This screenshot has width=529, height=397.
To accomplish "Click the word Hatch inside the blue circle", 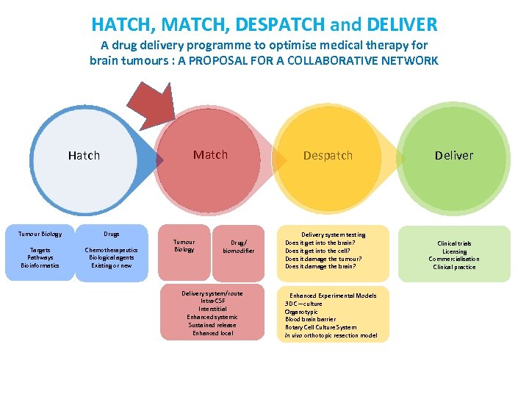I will pos(84,155).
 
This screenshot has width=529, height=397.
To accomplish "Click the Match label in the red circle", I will pos(210,154).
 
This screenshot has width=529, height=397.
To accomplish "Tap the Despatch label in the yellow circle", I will pos(328,155).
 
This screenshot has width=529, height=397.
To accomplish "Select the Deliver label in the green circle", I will pos(454,155).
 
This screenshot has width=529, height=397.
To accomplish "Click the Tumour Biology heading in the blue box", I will pos(40,234).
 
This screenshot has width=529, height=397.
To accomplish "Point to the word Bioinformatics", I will pos(40,265).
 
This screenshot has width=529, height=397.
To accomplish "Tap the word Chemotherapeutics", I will pos(111,250).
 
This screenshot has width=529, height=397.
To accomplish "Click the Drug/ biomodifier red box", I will pos(238,246).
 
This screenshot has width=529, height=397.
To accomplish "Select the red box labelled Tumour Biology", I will pos(184,246).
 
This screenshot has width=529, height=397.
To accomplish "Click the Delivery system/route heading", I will pos(212,293).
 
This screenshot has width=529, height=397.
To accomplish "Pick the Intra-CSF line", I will pos(212,301).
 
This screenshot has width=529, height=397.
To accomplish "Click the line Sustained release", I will pos(212,324).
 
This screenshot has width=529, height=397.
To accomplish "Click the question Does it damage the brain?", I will pos(320,266).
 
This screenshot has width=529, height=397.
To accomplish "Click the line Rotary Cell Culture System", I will pos(321,327).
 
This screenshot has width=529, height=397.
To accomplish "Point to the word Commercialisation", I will pos(454,259).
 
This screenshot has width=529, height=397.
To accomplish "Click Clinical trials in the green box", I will pos(454,243).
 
